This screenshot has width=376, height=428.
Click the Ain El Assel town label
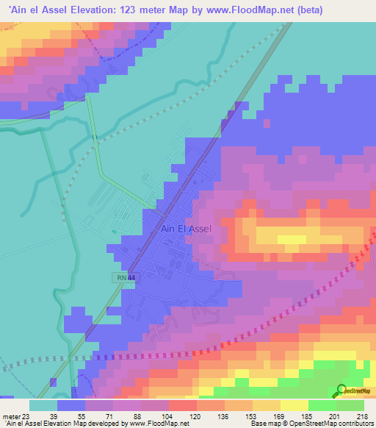185,229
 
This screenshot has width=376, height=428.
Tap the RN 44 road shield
126,277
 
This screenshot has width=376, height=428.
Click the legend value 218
361,416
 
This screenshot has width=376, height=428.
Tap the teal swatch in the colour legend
43,405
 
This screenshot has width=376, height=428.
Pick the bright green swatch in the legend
322,405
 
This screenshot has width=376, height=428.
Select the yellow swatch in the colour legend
294,405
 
